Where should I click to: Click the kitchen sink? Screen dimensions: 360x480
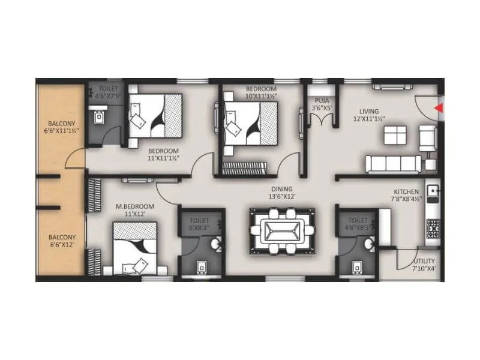[433, 194]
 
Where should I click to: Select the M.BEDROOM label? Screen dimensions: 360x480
[135, 206]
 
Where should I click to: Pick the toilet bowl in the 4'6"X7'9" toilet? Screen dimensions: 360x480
[98, 118]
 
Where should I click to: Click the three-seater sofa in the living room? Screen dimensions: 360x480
[392, 163]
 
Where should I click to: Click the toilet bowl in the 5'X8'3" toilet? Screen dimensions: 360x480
[202, 266]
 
